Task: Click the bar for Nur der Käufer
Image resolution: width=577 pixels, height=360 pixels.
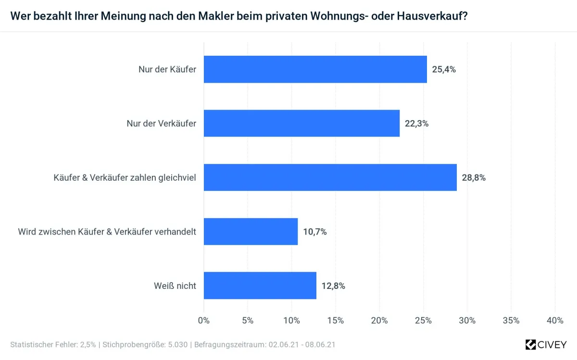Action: [315, 69]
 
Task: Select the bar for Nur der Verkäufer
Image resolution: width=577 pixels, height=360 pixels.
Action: [301, 124]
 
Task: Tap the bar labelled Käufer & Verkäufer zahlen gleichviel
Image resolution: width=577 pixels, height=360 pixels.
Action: [330, 177]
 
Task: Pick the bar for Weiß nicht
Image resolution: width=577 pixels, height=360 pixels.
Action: [260, 286]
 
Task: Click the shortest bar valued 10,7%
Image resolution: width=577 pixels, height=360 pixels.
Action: [251, 232]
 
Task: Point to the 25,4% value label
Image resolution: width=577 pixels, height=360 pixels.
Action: [444, 69]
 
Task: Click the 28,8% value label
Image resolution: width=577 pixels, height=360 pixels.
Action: [474, 177]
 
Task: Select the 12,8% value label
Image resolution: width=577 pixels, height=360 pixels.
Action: [333, 286]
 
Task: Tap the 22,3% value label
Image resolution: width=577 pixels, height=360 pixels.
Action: [416, 124]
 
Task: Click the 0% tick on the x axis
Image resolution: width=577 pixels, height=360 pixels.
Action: [204, 321]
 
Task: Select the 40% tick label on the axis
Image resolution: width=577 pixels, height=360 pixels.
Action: [555, 321]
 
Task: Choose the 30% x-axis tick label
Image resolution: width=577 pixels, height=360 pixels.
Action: [467, 321]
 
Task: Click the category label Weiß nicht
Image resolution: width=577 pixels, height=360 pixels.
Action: [175, 286]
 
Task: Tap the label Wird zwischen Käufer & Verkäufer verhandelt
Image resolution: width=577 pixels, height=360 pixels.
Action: [107, 232]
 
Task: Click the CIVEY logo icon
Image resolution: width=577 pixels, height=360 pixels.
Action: [530, 344]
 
